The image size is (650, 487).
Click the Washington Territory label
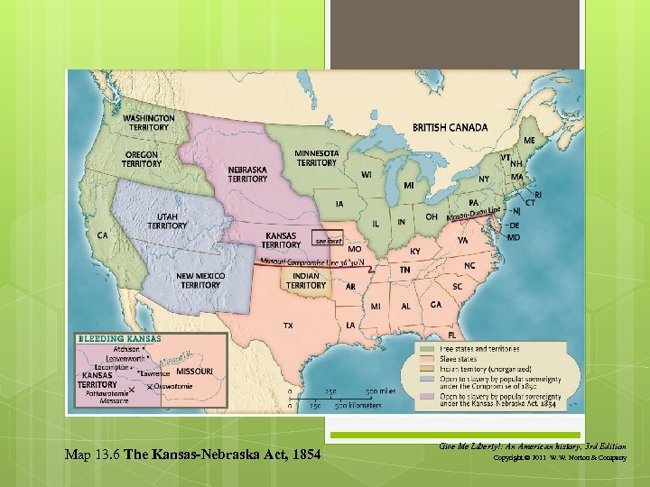coord(149,123)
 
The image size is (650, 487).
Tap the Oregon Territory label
coord(142,159)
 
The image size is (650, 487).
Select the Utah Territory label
coord(168,221)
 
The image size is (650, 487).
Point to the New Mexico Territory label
coord(200,280)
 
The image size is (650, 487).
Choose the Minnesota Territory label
coord(317,158)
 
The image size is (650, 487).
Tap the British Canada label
coord(450,128)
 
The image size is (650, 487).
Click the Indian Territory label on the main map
coord(306,280)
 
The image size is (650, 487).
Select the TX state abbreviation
coord(287,325)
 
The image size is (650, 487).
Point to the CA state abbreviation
coord(103,235)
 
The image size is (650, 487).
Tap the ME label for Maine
coord(529,141)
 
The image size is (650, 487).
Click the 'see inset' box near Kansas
coord(327,239)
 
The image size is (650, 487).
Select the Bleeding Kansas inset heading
coord(120,339)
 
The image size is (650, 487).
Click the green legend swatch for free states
coord(426,347)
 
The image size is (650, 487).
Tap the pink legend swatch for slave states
coord(426,360)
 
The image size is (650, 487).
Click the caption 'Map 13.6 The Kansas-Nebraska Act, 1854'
coord(193,453)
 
